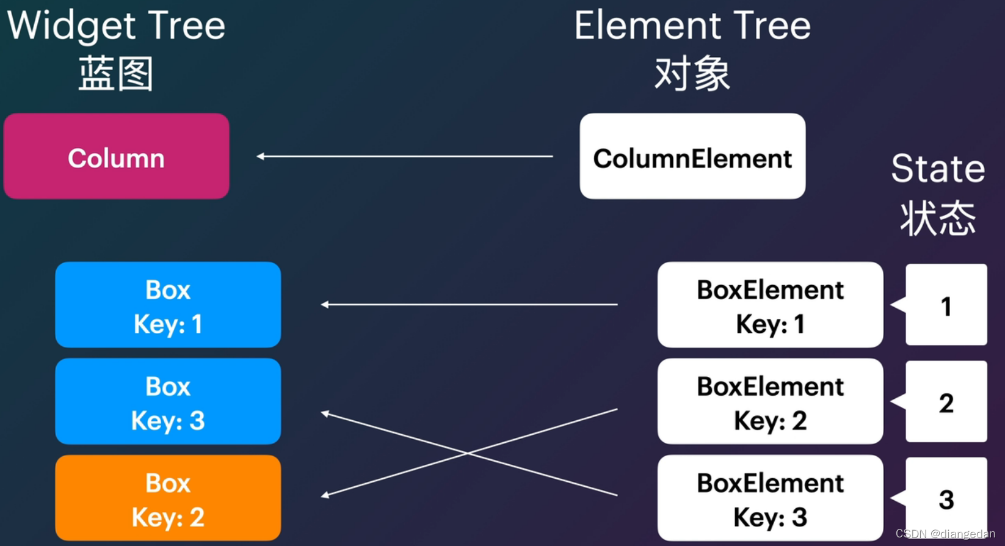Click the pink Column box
pyautogui.click(x=116, y=156)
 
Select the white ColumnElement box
pyautogui.click(x=692, y=156)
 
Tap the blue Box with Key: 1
pyautogui.click(x=168, y=305)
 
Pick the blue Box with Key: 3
pyautogui.click(x=168, y=401)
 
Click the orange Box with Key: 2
pyautogui.click(x=168, y=498)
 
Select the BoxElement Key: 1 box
pyautogui.click(x=770, y=305)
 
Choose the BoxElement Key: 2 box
pyautogui.click(x=770, y=401)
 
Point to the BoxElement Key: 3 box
pyautogui.click(x=770, y=498)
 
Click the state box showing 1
pyautogui.click(x=946, y=305)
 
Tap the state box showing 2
pyautogui.click(x=946, y=401)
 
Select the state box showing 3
pyautogui.click(x=946, y=498)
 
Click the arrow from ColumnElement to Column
pyautogui.click(x=405, y=156)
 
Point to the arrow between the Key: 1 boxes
pyautogui.click(x=469, y=304)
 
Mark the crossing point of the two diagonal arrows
pyautogui.click(x=468, y=453)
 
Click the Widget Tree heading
pyautogui.click(x=116, y=26)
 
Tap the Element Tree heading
pyautogui.click(x=692, y=26)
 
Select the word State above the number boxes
pyautogui.click(x=938, y=169)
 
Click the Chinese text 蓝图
pyautogui.click(x=116, y=73)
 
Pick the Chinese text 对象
pyautogui.click(x=692, y=73)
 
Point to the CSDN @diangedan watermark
pyautogui.click(x=945, y=534)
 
